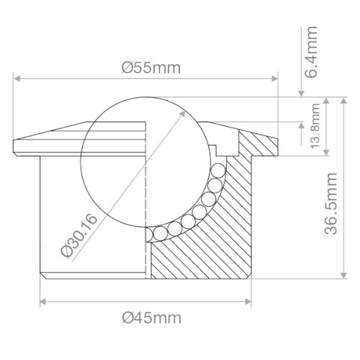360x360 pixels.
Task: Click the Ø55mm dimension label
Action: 151,68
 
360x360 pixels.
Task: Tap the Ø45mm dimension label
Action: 152,318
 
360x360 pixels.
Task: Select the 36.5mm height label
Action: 331,204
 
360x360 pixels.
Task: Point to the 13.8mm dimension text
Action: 315,126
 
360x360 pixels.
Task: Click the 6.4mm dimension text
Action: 311,52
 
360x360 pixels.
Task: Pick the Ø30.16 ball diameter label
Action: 79,236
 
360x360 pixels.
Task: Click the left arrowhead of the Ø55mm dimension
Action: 17,78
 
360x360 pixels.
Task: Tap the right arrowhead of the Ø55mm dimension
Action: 274,78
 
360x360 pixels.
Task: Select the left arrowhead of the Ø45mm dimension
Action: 43,302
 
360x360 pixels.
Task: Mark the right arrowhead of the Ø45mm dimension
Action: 248,302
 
